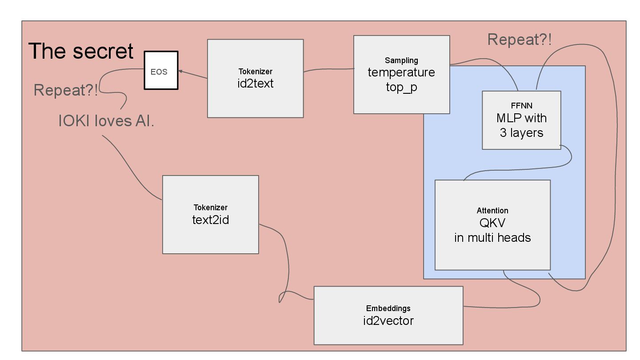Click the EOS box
pos(161,71)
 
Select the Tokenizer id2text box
pos(255,78)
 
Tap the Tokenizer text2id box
pos(210,214)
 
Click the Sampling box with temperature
pos(401,74)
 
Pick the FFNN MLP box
pos(521,120)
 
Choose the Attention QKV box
pos(492,225)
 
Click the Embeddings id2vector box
pos(388,315)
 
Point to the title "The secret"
pos(81,51)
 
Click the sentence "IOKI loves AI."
pos(107,121)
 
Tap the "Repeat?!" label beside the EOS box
pos(65,90)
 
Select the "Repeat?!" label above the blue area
pos(520,40)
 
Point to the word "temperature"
pos(401,72)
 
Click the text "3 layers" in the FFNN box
pos(521,132)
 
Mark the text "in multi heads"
pos(492,237)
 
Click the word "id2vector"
pos(388,320)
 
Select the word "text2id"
pos(210,219)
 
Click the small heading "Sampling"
pos(401,60)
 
